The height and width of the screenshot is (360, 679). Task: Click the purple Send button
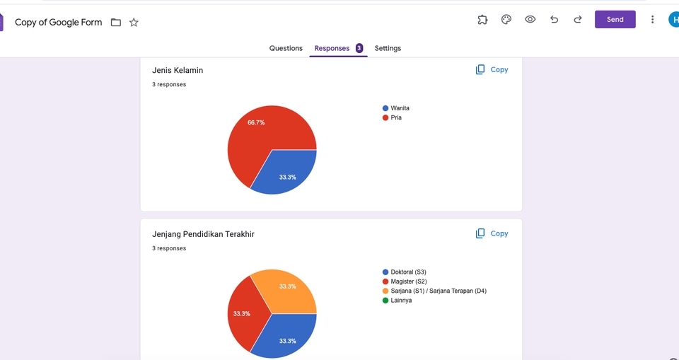(x=615, y=20)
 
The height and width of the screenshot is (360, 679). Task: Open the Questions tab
(x=286, y=48)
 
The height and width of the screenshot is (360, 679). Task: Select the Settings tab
(x=388, y=48)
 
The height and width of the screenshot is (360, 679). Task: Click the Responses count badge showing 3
(x=359, y=48)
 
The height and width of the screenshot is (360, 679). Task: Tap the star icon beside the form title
(x=134, y=23)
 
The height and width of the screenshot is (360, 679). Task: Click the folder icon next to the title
(x=116, y=23)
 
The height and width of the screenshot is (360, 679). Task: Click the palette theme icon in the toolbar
(x=506, y=20)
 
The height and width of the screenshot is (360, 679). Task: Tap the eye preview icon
(x=530, y=20)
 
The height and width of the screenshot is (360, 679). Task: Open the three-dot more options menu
(x=652, y=20)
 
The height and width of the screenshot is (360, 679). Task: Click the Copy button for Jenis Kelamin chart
(x=492, y=70)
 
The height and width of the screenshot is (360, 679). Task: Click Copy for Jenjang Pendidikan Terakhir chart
(x=492, y=233)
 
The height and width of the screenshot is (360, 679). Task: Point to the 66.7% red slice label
(x=256, y=122)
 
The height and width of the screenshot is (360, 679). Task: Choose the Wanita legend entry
(x=400, y=108)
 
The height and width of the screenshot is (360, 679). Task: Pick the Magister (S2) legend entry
(x=408, y=281)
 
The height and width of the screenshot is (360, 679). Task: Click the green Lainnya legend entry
(x=401, y=301)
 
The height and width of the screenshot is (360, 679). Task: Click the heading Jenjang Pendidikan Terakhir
(x=203, y=234)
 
